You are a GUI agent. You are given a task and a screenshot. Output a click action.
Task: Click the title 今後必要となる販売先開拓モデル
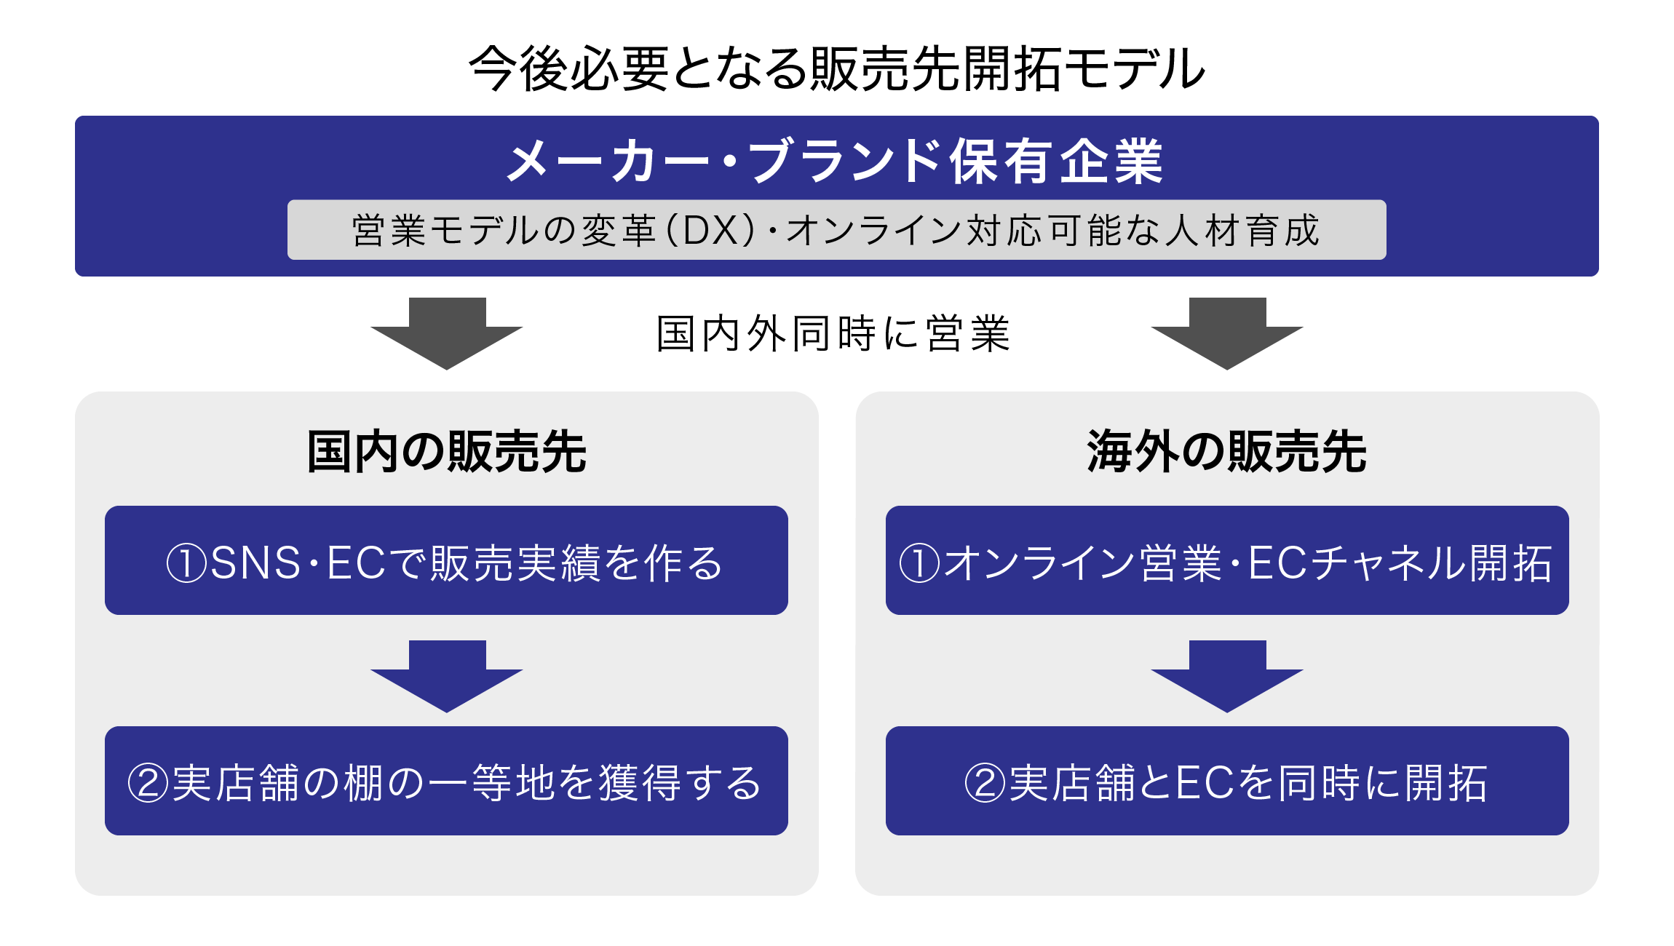(837, 68)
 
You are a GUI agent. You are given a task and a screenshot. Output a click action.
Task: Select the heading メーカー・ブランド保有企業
(836, 161)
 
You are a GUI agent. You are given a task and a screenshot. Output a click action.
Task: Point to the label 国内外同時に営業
(834, 334)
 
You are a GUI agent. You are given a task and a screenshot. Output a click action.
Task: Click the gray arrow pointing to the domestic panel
(447, 333)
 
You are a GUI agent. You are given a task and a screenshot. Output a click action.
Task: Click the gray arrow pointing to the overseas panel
(1227, 333)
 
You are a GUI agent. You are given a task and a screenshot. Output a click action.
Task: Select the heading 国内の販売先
(447, 452)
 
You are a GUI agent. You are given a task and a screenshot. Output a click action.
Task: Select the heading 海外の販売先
(1227, 452)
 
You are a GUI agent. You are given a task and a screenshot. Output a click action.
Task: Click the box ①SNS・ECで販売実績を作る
(446, 560)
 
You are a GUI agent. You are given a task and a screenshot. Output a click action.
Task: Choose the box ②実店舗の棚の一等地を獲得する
(446, 781)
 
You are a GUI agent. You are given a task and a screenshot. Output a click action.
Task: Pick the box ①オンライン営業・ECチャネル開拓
(1227, 560)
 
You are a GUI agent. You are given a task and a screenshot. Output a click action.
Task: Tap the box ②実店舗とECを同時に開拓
(1227, 781)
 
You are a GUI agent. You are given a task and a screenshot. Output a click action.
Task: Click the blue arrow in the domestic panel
(447, 676)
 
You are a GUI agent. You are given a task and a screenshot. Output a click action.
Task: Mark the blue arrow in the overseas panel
(1227, 676)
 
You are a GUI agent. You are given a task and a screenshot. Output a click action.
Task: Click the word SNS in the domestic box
(255, 563)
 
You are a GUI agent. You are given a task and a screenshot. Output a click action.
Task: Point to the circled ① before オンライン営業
(920, 563)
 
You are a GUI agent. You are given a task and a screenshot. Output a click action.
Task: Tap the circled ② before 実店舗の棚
(148, 784)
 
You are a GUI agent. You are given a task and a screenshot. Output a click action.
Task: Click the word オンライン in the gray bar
(874, 230)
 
